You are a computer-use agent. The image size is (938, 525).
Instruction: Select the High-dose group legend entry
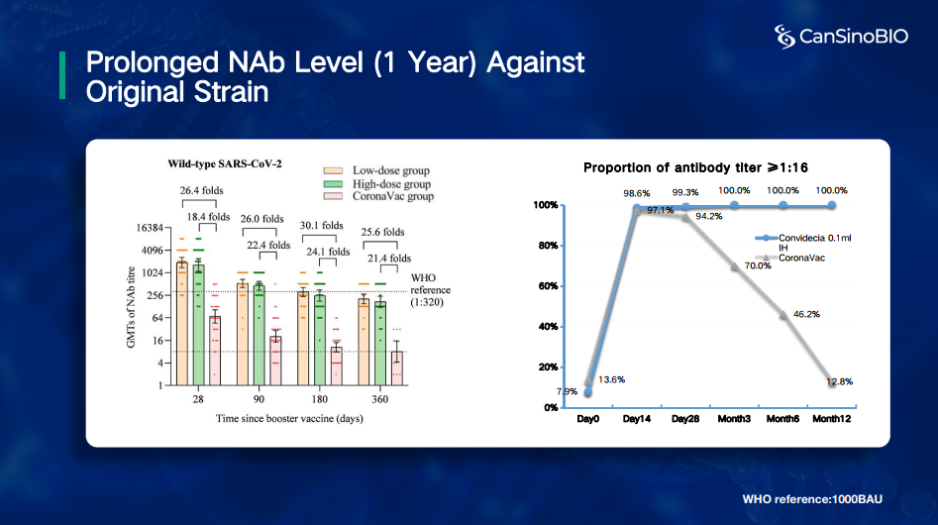tap(383, 183)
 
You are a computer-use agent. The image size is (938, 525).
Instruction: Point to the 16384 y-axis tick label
tap(149, 228)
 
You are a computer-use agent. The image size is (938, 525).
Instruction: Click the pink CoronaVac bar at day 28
tap(214, 350)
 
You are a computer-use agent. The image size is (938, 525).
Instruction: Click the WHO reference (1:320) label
tap(430, 290)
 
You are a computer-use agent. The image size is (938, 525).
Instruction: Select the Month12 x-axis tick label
tap(832, 419)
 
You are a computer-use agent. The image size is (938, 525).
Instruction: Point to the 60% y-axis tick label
tap(547, 286)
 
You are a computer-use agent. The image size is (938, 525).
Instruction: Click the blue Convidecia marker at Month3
tap(734, 205)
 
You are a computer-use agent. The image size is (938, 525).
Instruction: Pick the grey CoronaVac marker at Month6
tap(782, 315)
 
